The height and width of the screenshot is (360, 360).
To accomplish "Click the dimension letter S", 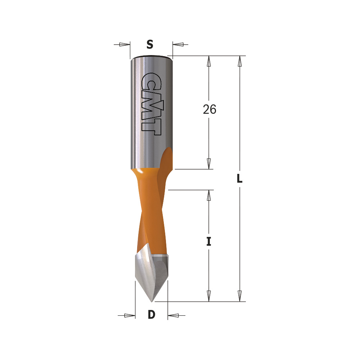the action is click(150, 44).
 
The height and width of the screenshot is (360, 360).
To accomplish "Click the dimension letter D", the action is click(152, 315).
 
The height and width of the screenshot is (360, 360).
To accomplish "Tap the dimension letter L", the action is click(239, 178).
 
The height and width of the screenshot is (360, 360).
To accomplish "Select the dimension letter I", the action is click(208, 242).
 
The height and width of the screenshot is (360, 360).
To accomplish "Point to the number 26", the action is click(210, 109).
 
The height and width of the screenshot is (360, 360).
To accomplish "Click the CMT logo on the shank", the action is click(151, 104).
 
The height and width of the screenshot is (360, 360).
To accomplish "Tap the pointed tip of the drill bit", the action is click(152, 301).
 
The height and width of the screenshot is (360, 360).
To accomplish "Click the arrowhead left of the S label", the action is click(125, 44).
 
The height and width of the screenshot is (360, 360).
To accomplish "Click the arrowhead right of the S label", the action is click(178, 44).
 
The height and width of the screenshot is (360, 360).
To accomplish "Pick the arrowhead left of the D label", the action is click(130, 315).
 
